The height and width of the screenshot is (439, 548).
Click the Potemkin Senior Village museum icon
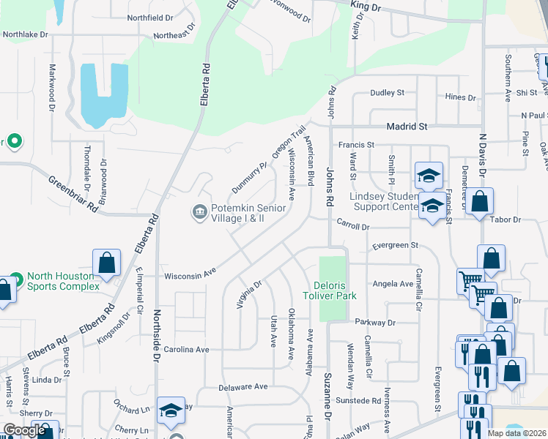click(199, 212)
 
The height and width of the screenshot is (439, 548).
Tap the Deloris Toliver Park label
click(326, 290)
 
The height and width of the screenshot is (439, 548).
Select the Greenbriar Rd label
click(73, 192)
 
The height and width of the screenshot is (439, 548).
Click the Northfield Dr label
click(149, 17)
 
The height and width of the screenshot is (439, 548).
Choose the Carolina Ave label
click(186, 350)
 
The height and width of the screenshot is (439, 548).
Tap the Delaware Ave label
click(243, 386)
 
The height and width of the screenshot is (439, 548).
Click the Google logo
click(24, 430)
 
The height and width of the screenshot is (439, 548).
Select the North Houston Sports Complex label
click(63, 281)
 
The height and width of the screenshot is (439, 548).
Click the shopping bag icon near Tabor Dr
click(481, 201)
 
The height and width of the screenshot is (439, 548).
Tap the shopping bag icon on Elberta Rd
click(106, 263)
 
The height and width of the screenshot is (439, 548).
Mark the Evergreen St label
click(394, 246)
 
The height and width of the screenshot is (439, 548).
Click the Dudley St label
click(387, 93)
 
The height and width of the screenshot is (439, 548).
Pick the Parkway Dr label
click(375, 322)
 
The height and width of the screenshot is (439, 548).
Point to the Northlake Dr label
click(25, 34)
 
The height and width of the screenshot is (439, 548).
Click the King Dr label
click(366, 7)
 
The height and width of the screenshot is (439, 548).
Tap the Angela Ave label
click(393, 284)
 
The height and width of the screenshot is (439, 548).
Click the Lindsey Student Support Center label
click(374, 202)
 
